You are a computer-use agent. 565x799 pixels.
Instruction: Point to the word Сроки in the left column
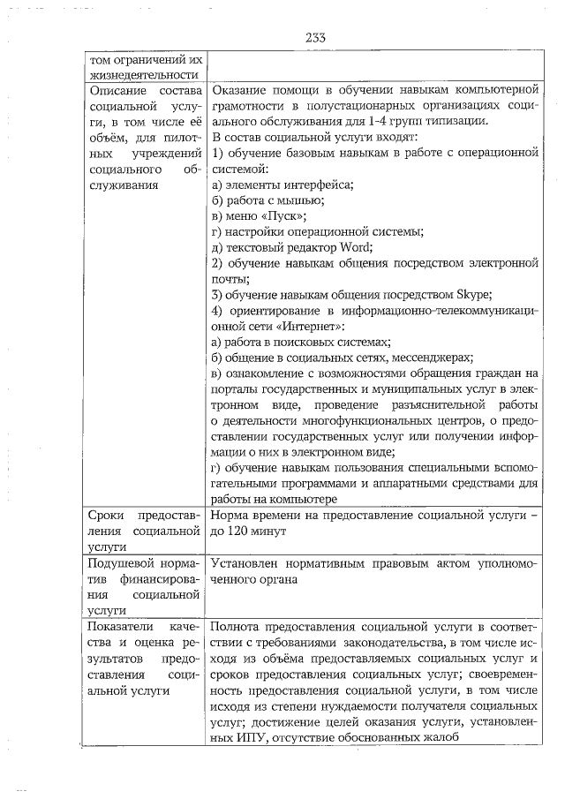pyautogui.click(x=105, y=515)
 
